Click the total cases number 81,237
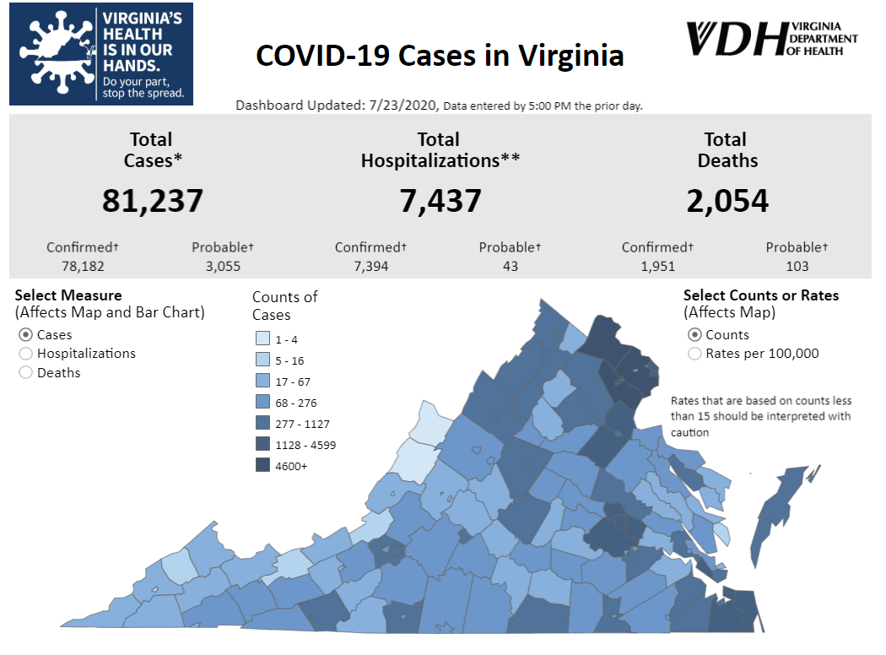tap(153, 201)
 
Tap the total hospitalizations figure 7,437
tap(440, 201)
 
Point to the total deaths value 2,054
tap(727, 201)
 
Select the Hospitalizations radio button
tap(25, 354)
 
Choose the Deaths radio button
tap(25, 372)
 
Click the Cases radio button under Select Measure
tap(25, 335)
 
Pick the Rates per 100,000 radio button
tap(694, 354)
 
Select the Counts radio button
tap(694, 335)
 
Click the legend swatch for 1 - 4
tap(262, 339)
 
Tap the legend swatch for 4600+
tap(262, 466)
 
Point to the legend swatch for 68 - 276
tap(262, 403)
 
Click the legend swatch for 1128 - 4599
tap(262, 445)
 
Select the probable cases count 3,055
tap(223, 267)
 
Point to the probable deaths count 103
tap(797, 267)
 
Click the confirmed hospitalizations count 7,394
tap(370, 267)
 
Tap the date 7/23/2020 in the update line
tap(403, 106)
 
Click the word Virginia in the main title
tap(570, 56)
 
